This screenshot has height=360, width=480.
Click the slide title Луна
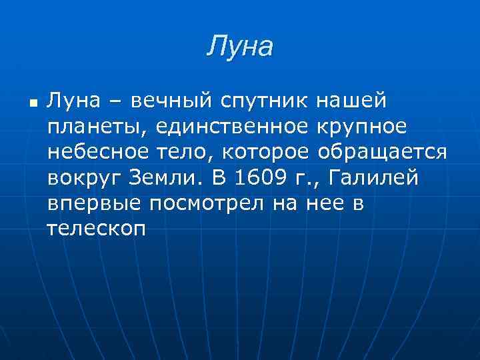click(240, 47)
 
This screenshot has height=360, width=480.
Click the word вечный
click(169, 101)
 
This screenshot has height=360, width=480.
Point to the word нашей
click(351, 101)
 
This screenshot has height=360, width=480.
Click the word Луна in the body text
click(74, 101)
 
